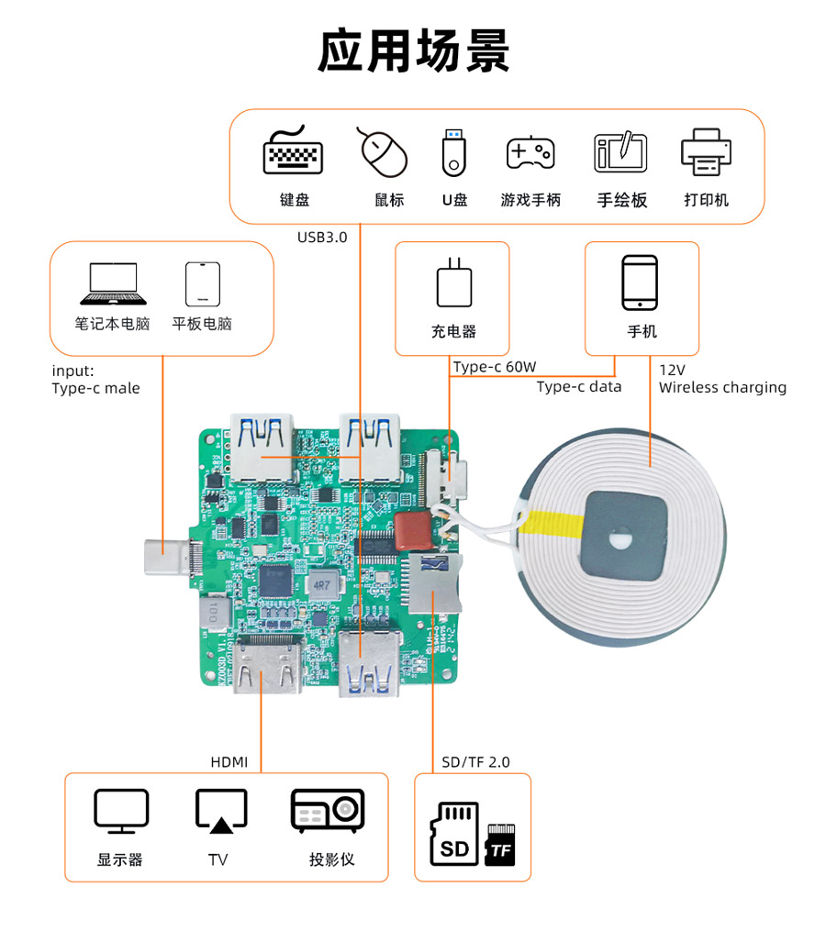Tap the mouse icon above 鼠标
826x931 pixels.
click(x=382, y=151)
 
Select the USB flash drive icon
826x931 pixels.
click(x=454, y=152)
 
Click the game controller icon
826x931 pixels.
click(x=530, y=152)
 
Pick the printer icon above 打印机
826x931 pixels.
click(x=706, y=152)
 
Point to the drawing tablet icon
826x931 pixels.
click(x=621, y=152)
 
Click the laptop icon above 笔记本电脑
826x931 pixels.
click(x=113, y=283)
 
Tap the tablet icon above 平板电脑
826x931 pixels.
click(x=202, y=283)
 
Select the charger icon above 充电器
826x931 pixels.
click(x=453, y=283)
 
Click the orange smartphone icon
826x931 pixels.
click(x=640, y=283)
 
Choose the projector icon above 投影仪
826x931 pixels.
click(x=328, y=811)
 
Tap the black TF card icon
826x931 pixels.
click(x=500, y=845)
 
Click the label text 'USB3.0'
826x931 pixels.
click(x=322, y=238)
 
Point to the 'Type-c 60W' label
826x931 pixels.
click(x=495, y=367)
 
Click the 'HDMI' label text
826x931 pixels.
click(x=229, y=761)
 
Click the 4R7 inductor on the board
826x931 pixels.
click(x=321, y=583)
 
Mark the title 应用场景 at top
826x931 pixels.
click(x=413, y=50)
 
